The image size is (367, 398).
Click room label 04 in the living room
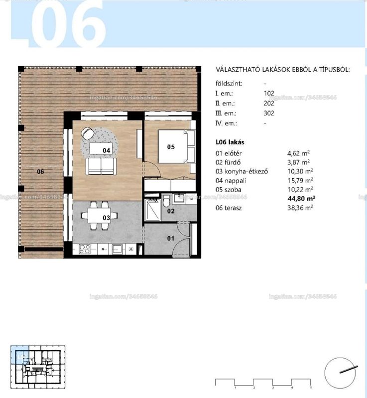click(x=107, y=150)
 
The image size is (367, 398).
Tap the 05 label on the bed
click(x=171, y=147)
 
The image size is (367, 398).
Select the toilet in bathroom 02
click(x=166, y=201)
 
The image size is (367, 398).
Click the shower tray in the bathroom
click(x=153, y=209)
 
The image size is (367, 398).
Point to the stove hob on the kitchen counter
click(x=84, y=249)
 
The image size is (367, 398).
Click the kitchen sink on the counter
click(x=118, y=249)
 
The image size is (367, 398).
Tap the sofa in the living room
click(x=101, y=166)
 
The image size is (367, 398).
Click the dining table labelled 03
click(x=99, y=215)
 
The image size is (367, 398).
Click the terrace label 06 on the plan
click(x=41, y=172)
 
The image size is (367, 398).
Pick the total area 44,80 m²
click(x=301, y=198)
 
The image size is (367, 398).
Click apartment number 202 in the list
click(x=269, y=103)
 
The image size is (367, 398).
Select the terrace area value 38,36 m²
click(x=300, y=208)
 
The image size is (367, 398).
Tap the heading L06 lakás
click(x=230, y=142)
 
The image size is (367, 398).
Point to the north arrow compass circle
click(x=340, y=373)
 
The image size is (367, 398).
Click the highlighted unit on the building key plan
click(x=20, y=355)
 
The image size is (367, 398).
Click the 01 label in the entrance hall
click(x=171, y=238)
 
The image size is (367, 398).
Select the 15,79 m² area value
click(x=300, y=181)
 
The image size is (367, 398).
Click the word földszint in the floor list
click(x=229, y=84)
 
